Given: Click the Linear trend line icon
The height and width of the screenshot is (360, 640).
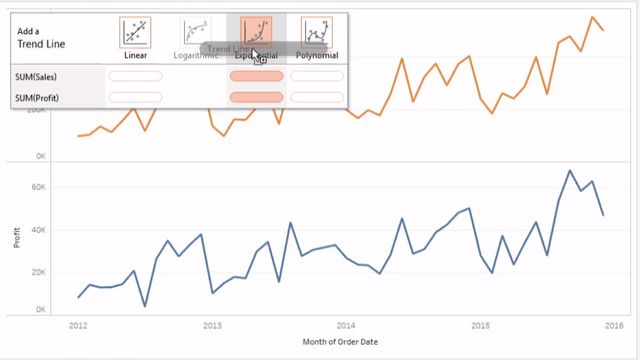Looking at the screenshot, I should (136, 33).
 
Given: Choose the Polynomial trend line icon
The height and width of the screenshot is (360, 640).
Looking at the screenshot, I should (317, 33).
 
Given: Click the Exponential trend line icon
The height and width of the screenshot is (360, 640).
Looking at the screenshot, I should (257, 33).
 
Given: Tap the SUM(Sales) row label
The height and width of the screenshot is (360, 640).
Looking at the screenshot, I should (36, 76).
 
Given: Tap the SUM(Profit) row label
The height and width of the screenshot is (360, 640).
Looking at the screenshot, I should (36, 97).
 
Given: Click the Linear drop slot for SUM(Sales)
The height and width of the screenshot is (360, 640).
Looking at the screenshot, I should (135, 76).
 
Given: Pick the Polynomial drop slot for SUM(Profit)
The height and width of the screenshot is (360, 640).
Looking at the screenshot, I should (316, 97).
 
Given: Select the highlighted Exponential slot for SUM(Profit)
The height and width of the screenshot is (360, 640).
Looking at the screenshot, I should (257, 97).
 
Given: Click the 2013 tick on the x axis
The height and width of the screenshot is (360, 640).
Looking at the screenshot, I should (212, 325).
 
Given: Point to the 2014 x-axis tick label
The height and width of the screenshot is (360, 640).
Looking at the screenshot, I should (346, 325).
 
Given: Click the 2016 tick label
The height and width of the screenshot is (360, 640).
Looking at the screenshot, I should (614, 325).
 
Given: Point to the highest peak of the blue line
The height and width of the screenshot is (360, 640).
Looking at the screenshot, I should (569, 171).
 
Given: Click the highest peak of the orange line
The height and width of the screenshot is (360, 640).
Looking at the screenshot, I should (592, 17).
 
